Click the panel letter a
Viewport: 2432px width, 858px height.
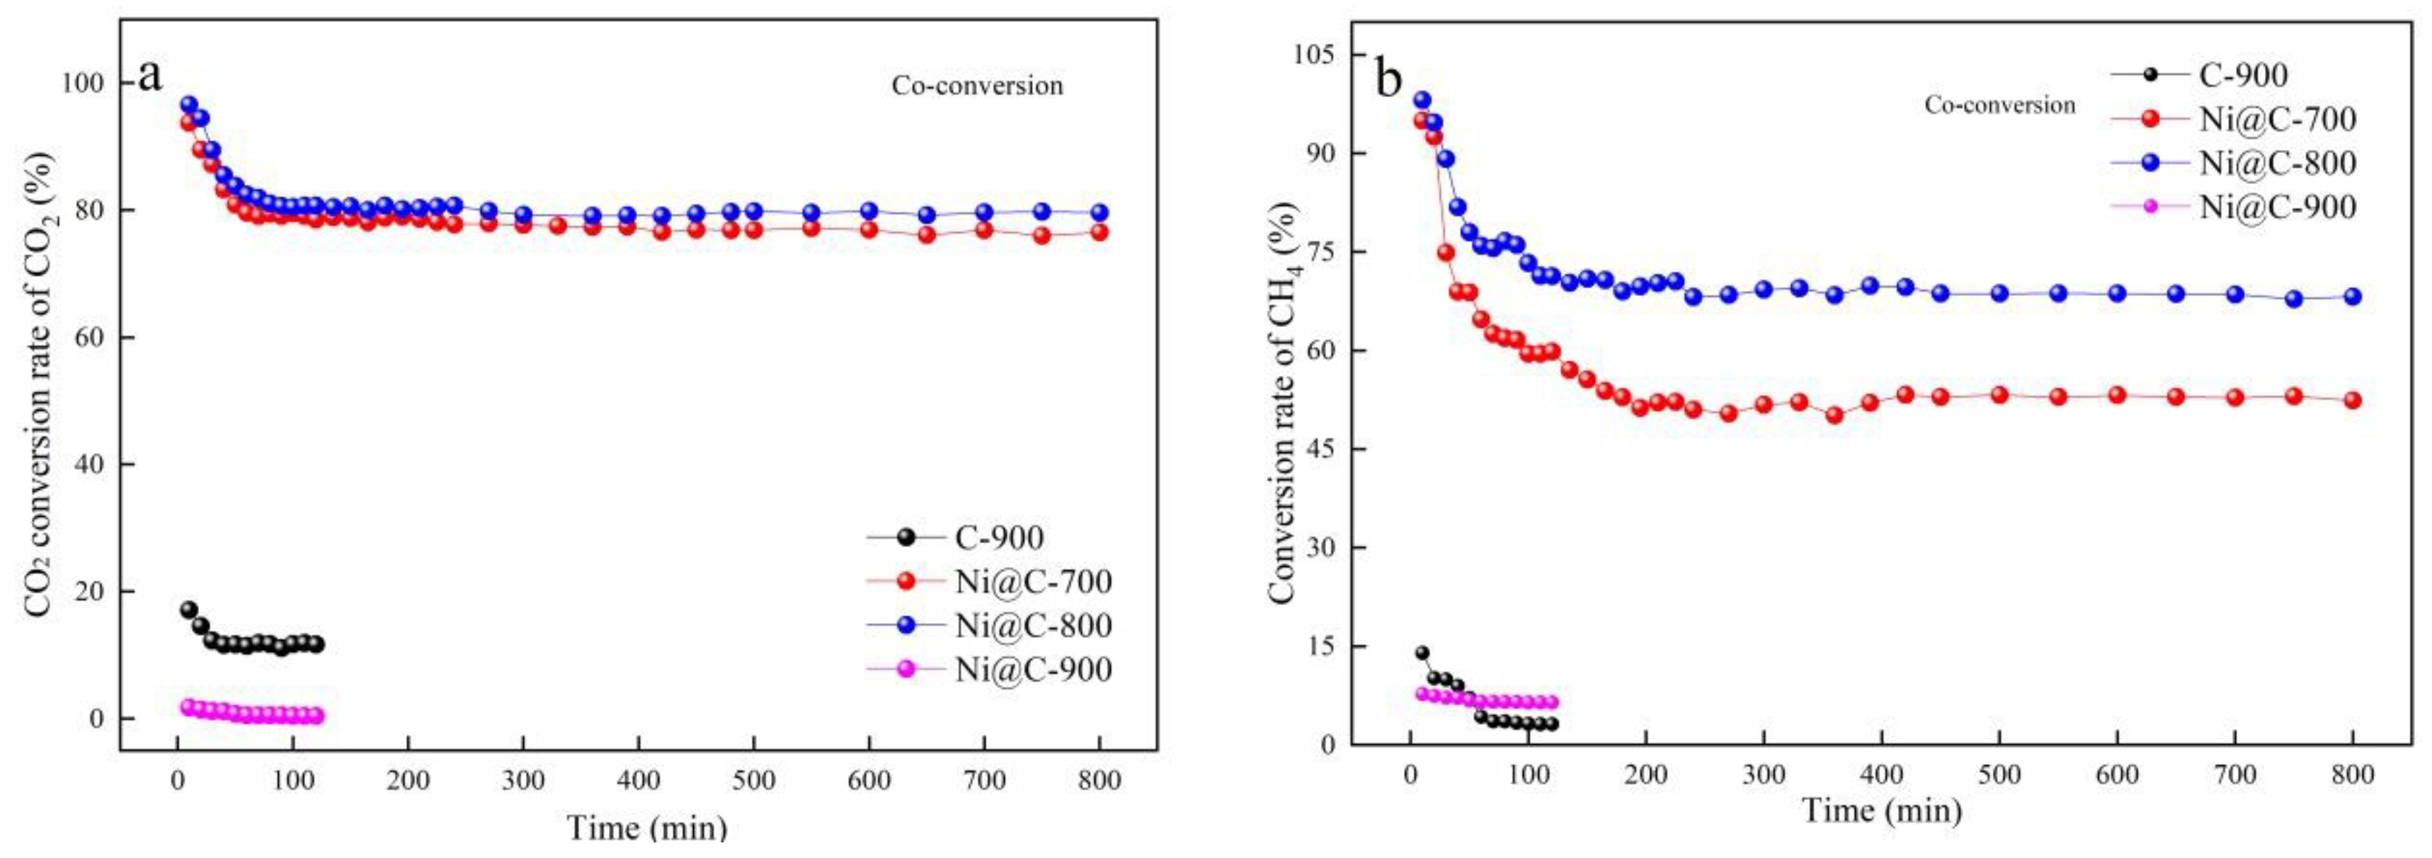tap(149, 74)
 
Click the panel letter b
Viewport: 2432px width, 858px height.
tap(1389, 79)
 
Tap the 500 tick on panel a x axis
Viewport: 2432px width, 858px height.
tap(753, 781)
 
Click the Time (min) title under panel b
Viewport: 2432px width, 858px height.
tap(1882, 811)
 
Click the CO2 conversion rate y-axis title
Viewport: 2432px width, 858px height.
tap(40, 385)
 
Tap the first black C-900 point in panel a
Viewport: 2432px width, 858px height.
tap(189, 610)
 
